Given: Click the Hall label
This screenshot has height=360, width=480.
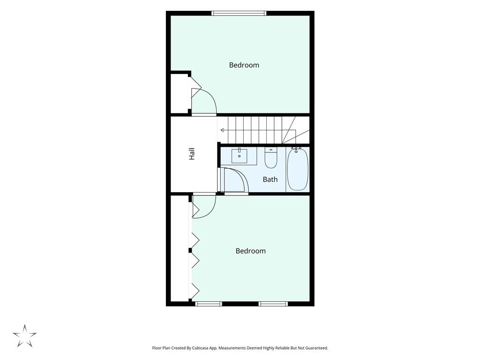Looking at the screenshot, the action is (x=192, y=154).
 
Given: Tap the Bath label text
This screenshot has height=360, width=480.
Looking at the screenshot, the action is (x=270, y=180).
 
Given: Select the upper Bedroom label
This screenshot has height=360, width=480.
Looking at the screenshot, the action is (x=244, y=65).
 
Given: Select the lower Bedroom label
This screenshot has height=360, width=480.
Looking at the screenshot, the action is (x=250, y=251).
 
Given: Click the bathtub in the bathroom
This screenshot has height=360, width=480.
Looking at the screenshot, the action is (x=298, y=169).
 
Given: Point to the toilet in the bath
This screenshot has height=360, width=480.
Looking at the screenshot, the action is (x=271, y=158).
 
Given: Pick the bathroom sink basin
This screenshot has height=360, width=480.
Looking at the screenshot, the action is (x=240, y=156).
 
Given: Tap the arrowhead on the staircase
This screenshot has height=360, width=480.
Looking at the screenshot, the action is (x=222, y=130).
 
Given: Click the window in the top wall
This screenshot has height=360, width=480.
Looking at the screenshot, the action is (x=239, y=13).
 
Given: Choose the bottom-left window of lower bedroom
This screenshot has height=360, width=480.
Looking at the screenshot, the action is (x=209, y=304).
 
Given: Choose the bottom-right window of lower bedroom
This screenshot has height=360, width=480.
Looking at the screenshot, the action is (x=273, y=304).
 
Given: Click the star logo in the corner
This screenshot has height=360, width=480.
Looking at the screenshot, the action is (x=25, y=336).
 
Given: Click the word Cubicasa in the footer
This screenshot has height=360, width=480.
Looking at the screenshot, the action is (x=201, y=348).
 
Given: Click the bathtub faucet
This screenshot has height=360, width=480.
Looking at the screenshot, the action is (x=296, y=150).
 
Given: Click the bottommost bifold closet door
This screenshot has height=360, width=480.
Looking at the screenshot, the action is (x=195, y=291).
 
